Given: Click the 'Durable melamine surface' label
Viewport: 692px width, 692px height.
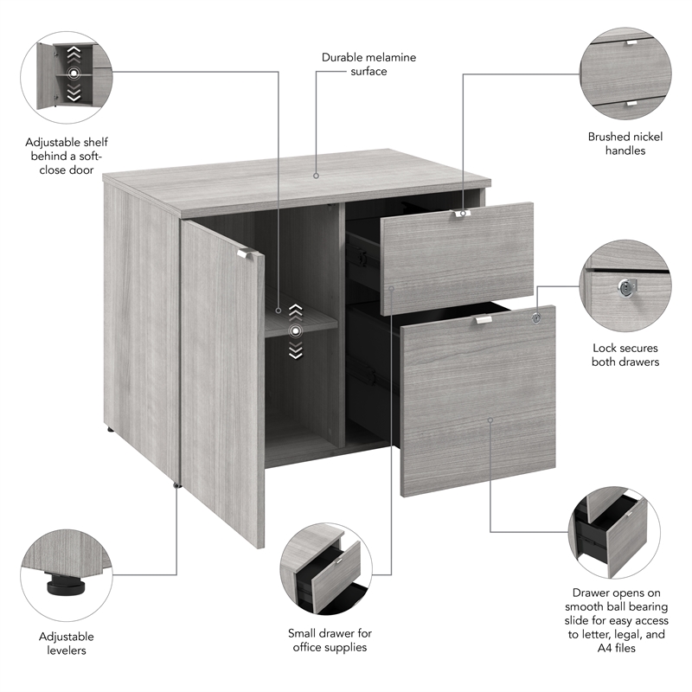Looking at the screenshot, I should (368, 64).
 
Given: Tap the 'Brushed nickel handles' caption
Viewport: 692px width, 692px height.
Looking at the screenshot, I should (616, 144).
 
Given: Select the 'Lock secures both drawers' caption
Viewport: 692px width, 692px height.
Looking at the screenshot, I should (625, 355).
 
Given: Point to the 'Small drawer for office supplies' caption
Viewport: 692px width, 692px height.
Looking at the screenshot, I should (327, 640).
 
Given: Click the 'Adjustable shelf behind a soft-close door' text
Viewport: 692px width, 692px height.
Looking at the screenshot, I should (67, 156).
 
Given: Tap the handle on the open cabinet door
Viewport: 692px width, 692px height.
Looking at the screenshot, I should (248, 253).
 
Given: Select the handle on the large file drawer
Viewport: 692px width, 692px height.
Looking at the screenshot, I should (483, 322).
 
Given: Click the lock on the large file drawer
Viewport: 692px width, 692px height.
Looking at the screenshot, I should (536, 318).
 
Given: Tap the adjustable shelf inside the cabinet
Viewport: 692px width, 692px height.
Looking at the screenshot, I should (301, 324).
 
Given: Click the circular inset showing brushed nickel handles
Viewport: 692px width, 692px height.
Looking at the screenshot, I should (625, 74).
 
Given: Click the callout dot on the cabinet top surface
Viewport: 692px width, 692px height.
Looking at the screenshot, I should (317, 176).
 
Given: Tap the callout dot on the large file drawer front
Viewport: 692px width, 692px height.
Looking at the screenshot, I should (490, 420).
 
